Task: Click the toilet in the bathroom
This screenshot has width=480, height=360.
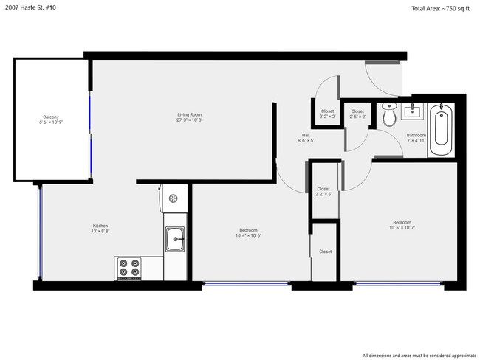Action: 389,114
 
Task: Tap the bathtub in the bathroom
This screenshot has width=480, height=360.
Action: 441,130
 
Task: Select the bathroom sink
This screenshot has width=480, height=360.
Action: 412,111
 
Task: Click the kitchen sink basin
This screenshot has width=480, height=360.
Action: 175,239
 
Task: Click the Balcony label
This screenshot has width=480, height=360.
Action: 51,117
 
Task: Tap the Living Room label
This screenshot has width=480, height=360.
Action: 190,114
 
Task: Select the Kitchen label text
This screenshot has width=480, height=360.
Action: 100,226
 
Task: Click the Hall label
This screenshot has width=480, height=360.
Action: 306,135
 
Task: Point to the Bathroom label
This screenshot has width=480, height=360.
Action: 416,135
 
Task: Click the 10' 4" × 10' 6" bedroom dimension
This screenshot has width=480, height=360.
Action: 248,235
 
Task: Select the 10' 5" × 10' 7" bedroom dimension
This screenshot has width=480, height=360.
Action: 402,227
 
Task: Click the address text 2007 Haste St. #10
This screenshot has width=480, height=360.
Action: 30,7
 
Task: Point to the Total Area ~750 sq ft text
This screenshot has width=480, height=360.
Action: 440,9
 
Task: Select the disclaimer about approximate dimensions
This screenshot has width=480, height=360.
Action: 419,356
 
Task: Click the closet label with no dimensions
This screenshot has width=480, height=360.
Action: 325,252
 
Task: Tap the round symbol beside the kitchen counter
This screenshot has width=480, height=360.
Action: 174,198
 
